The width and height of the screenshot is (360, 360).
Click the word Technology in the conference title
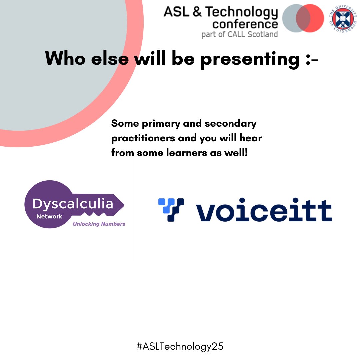(241, 13)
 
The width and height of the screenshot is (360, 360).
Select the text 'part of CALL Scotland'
(239, 34)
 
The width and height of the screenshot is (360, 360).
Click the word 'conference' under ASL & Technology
(245, 24)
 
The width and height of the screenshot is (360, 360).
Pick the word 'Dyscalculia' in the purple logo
(73, 203)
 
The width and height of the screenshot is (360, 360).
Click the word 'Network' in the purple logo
(49, 216)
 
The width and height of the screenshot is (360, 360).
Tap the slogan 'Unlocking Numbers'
(99, 224)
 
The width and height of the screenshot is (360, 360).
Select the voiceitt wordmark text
(263, 211)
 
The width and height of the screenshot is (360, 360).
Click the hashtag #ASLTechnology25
(180, 346)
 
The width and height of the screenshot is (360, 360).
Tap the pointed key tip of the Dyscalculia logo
(122, 204)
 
